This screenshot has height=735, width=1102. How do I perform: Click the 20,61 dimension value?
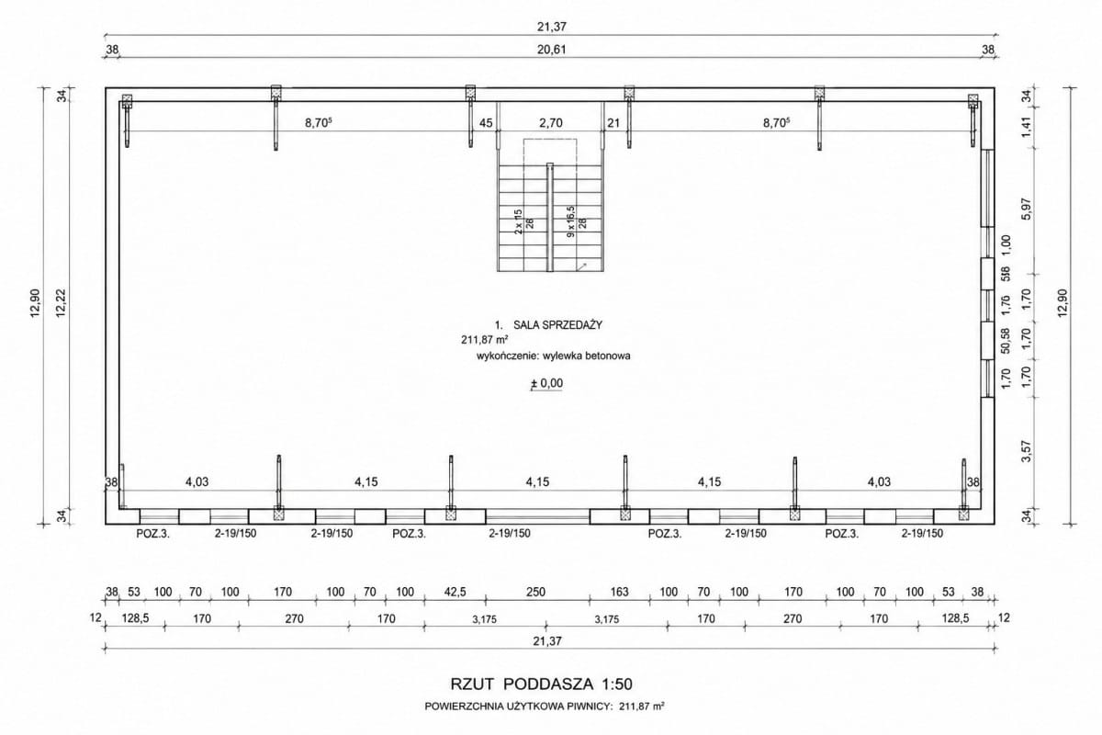[551, 50]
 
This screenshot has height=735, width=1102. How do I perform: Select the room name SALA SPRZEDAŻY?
[558, 325]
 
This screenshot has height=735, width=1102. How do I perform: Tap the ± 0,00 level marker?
[546, 383]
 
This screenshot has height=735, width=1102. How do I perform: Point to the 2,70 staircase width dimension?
[550, 122]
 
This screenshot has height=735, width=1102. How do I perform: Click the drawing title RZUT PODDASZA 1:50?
[541, 684]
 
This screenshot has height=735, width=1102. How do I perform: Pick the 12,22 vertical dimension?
[61, 303]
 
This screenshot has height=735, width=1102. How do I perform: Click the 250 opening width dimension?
[535, 592]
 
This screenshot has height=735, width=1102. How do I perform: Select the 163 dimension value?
[619, 592]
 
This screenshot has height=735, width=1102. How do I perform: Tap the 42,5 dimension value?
[455, 592]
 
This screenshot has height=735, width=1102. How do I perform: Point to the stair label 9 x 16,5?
[570, 221]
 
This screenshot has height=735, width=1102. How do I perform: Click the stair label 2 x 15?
[518, 221]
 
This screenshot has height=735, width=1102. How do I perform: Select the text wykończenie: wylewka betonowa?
[554, 356]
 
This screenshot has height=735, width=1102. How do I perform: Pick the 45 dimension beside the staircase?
[486, 122]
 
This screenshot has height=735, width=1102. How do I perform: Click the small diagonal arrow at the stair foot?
[581, 266]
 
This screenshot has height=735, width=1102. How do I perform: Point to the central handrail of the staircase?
[550, 217]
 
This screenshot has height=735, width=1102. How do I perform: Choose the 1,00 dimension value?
[1006, 244]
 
